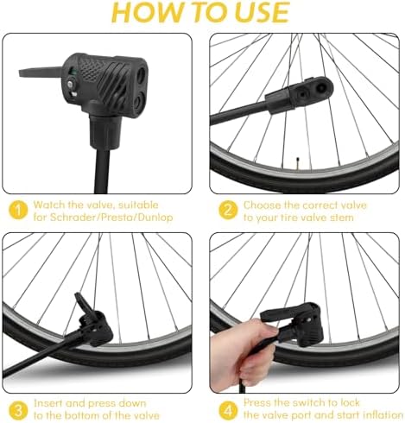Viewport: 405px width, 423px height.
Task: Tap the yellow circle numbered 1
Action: point(18,208)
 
